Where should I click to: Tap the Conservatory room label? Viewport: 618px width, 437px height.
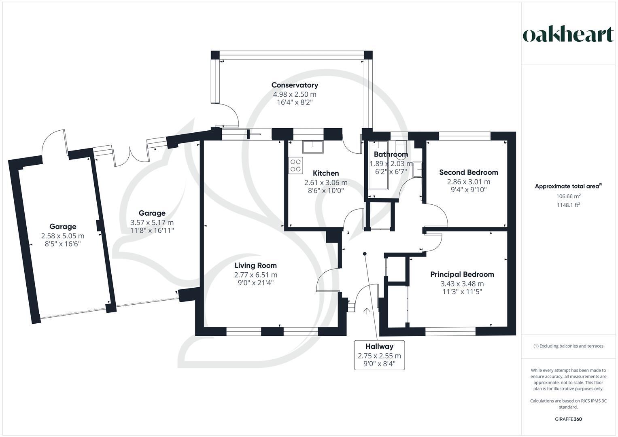tap(295, 85)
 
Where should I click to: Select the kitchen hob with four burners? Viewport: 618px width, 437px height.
tap(295, 165)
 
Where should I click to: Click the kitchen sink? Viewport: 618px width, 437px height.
tap(313, 147)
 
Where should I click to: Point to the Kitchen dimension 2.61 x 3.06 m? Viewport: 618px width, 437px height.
tap(326, 182)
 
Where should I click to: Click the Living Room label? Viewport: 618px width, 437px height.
tap(255, 265)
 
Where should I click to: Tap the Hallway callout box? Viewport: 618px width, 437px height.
tap(379, 355)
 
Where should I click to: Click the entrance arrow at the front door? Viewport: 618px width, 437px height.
tap(367, 311)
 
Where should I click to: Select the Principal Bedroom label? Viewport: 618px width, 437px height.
tap(462, 274)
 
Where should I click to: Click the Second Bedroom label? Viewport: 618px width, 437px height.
tap(469, 172)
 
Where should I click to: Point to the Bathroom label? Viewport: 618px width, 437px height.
tap(391, 154)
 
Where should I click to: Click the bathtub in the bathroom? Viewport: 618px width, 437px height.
tap(378, 165)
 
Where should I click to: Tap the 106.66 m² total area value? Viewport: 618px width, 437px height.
tap(568, 196)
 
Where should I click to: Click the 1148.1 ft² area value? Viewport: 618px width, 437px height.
tap(568, 205)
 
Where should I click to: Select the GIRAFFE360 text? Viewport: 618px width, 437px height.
tap(568, 419)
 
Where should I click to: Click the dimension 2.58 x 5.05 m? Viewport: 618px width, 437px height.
tap(63, 236)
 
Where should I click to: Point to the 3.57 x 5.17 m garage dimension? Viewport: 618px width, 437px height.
tap(152, 223)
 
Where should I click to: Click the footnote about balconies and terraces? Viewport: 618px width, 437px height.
tap(568, 346)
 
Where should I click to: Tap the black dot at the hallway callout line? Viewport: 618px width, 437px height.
tap(365, 254)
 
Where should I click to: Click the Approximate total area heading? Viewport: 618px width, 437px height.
tap(568, 186)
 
